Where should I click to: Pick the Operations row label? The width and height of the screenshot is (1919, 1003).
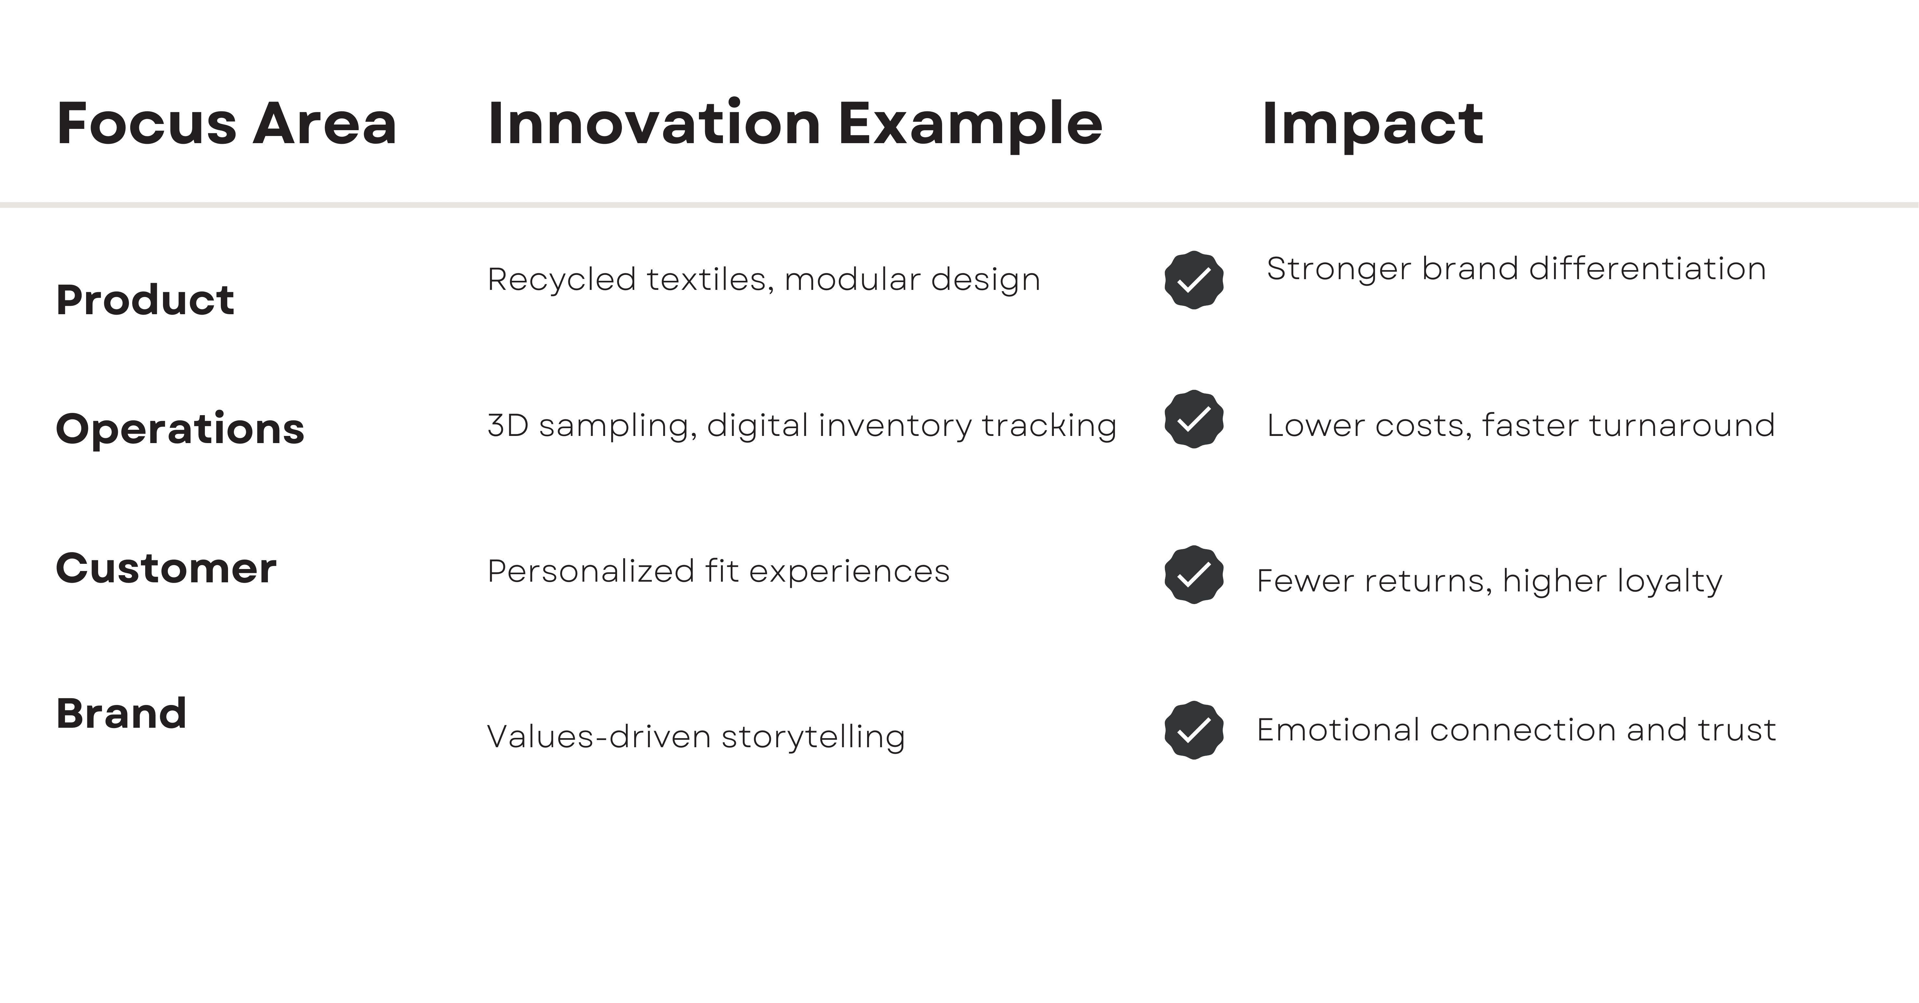pyautogui.click(x=180, y=429)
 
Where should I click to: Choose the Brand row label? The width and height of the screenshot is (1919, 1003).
pyautogui.click(x=121, y=713)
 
